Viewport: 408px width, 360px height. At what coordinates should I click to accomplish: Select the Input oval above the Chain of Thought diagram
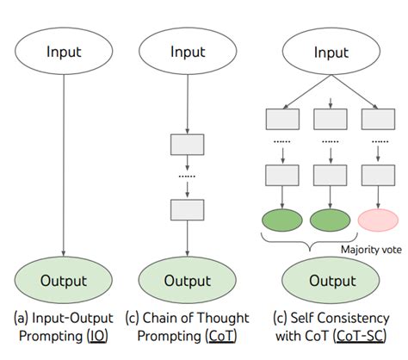click(188, 52)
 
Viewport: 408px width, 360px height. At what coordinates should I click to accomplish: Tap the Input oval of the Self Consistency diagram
click(331, 52)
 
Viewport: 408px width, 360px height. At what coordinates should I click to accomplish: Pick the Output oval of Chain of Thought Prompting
click(188, 281)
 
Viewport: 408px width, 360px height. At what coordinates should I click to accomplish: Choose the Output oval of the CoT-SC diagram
click(331, 281)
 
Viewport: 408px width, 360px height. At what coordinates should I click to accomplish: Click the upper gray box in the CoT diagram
click(188, 143)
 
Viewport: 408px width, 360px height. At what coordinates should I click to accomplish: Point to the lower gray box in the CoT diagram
click(188, 208)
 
